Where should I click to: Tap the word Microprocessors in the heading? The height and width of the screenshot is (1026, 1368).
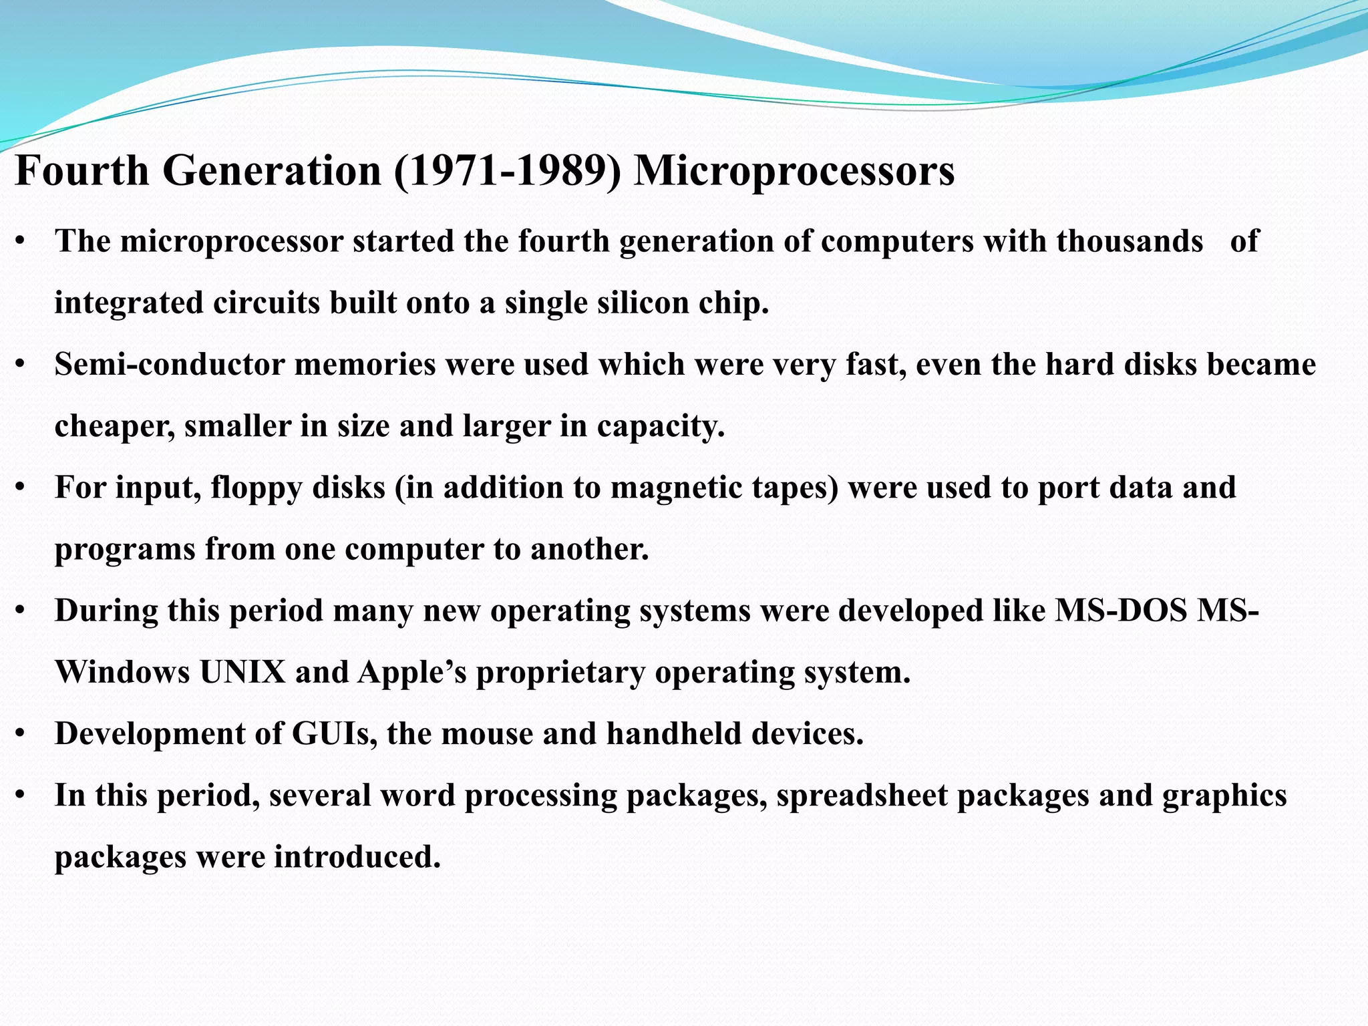coord(794,171)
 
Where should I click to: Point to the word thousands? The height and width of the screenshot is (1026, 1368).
coord(1130,241)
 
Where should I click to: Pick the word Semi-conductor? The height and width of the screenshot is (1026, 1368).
coord(170,365)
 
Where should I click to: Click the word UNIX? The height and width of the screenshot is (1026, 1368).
coord(242,672)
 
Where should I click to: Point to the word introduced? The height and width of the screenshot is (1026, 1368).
coord(357,857)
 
